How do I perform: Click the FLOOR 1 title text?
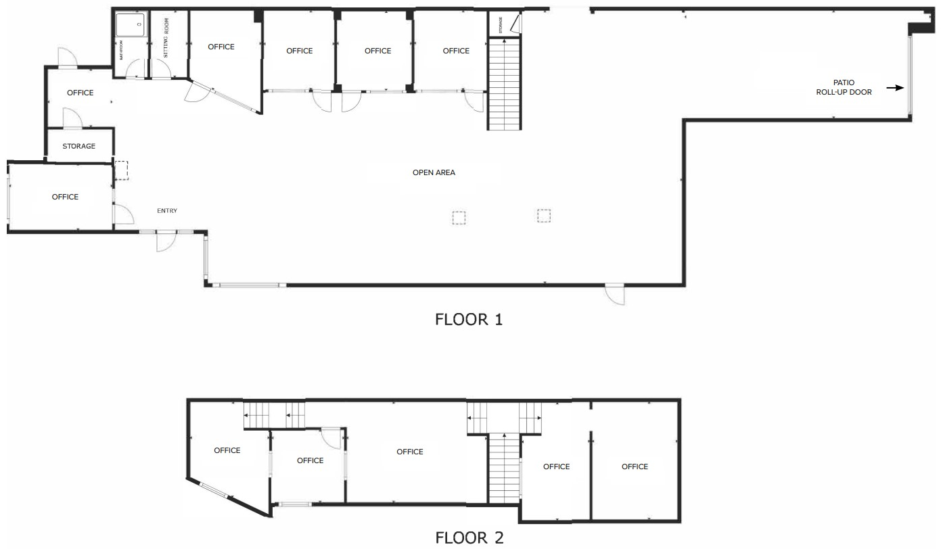(x=469, y=319)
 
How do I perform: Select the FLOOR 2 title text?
(x=469, y=538)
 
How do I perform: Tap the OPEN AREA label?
(x=434, y=172)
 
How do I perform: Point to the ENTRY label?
(x=167, y=211)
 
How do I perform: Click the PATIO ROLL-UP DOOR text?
(x=844, y=88)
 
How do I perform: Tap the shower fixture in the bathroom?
(x=130, y=26)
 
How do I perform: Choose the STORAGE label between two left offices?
(x=79, y=146)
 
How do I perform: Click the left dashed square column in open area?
(x=459, y=217)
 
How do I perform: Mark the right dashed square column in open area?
(x=544, y=216)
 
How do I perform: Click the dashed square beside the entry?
(x=121, y=170)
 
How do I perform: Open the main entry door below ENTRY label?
(x=166, y=241)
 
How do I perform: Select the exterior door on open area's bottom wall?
(x=615, y=294)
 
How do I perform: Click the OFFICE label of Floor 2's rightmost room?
(x=635, y=467)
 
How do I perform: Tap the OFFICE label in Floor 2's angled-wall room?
(x=227, y=450)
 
